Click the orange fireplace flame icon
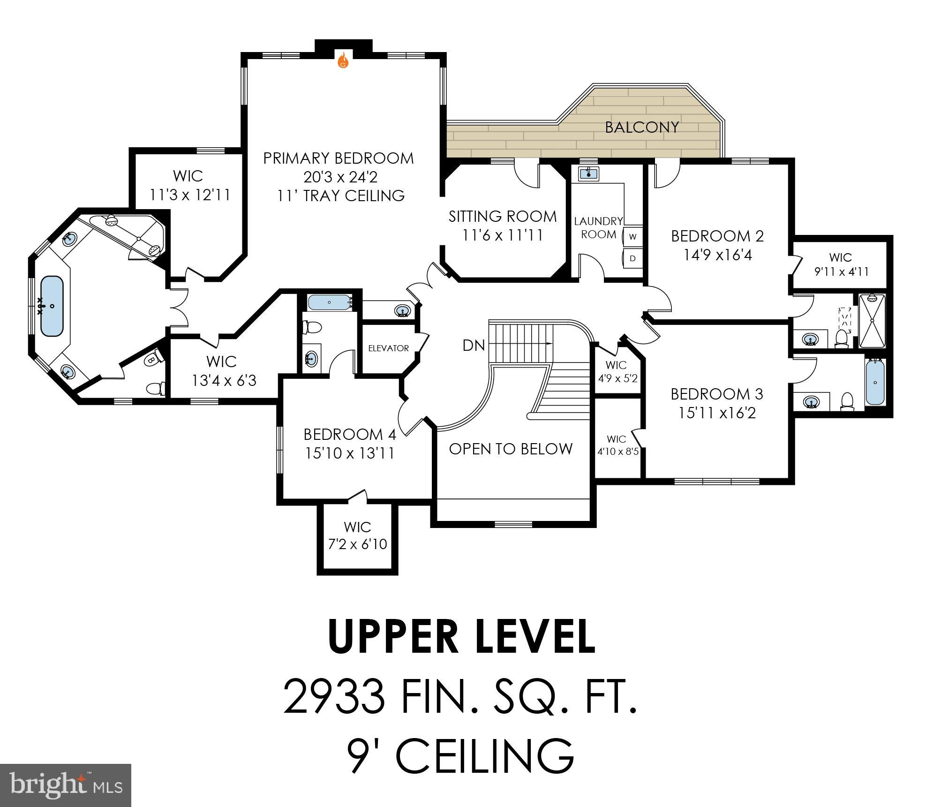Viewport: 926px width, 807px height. tap(343, 60)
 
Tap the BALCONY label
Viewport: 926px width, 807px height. tap(641, 127)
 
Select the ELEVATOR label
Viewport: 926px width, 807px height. tap(388, 348)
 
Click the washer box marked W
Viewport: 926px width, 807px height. tap(632, 237)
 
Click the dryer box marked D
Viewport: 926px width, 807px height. tap(632, 258)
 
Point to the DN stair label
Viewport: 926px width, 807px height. tap(474, 346)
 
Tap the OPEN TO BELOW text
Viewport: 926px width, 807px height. tap(511, 449)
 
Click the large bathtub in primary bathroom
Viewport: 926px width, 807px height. tap(52, 306)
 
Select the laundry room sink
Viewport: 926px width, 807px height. tap(588, 174)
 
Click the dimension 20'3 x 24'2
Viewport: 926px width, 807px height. tap(340, 177)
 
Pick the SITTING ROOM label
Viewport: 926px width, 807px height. tap(503, 216)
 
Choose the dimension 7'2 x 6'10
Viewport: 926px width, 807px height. tap(357, 544)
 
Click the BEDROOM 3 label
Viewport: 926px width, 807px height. tap(717, 394)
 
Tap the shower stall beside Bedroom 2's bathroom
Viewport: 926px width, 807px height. tap(872, 321)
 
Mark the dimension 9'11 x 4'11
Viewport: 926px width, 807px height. tap(841, 272)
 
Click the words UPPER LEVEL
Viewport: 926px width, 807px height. tap(462, 637)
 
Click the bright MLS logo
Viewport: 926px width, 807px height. tap(66, 785)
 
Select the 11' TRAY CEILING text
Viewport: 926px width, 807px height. tap(340, 196)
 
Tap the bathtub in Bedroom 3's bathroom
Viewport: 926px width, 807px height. tap(875, 382)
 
